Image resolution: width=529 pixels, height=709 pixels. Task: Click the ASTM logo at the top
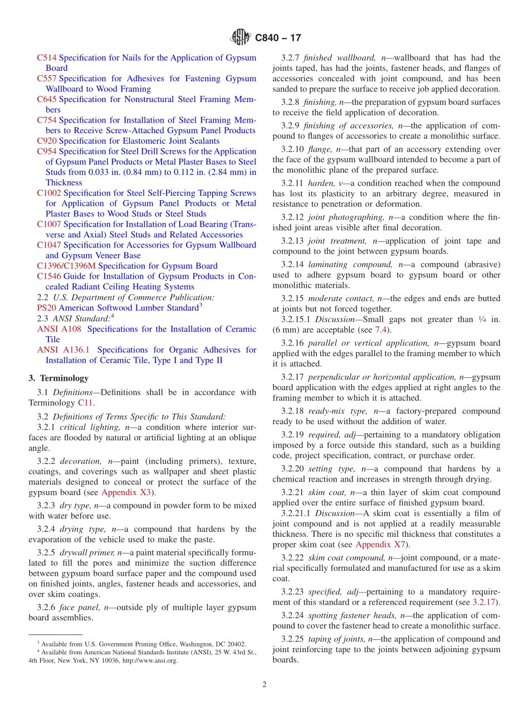pyautogui.click(x=241, y=37)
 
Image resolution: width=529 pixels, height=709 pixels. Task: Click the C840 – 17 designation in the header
pyautogui.click(x=278, y=38)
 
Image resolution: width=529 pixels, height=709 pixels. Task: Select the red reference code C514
pyautogui.click(x=47, y=58)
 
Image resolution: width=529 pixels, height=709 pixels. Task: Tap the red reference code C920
pyautogui.click(x=47, y=141)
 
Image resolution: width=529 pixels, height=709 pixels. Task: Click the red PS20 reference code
pyautogui.click(x=46, y=308)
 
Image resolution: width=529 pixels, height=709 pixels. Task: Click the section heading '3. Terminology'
pyautogui.click(x=58, y=378)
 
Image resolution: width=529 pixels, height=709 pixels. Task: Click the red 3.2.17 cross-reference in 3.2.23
pyautogui.click(x=484, y=602)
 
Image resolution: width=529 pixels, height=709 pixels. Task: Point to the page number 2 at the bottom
pyautogui.click(x=264, y=684)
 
